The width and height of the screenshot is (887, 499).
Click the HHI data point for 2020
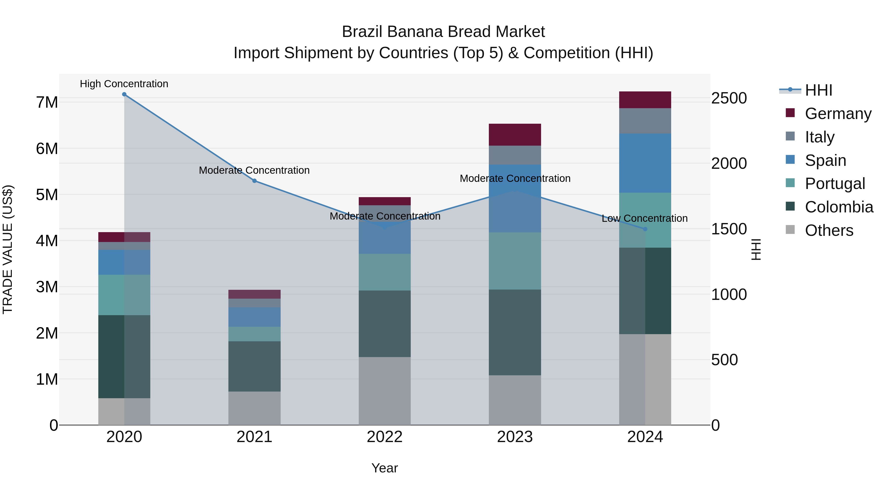[124, 94]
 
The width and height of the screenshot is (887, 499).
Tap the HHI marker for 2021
[255, 181]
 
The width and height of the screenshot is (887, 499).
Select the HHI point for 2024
[645, 229]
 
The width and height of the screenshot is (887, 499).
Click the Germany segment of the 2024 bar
[645, 100]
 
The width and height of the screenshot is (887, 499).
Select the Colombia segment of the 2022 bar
[385, 324]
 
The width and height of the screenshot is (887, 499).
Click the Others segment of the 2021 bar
[255, 408]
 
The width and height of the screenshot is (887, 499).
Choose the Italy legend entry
[819, 137]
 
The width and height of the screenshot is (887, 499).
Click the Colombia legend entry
[839, 207]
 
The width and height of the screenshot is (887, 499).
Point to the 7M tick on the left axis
[47, 102]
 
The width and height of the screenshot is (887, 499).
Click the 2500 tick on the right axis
[729, 98]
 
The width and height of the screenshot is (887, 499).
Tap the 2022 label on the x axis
[385, 437]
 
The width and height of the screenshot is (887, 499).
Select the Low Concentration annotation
[645, 218]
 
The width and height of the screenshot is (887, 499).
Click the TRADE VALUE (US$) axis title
[8, 249]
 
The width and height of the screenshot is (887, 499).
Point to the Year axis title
[385, 468]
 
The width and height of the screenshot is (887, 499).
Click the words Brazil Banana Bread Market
[443, 32]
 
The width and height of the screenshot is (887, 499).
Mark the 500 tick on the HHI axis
[724, 360]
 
